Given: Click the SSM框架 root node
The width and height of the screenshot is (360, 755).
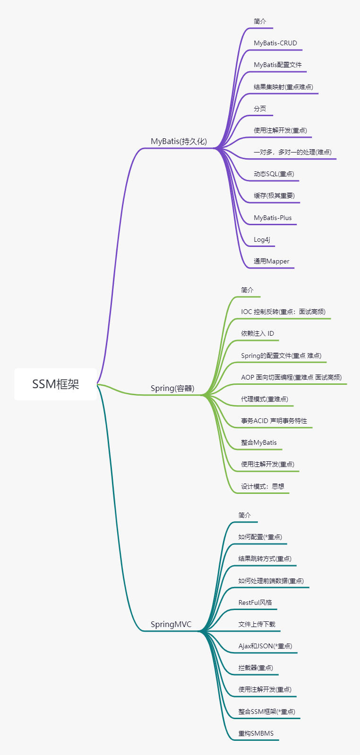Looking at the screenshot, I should click(55, 384).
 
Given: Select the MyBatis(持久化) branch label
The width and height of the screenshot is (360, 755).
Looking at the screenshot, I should click(179, 141).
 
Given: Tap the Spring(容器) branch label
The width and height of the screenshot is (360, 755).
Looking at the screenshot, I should click(172, 388).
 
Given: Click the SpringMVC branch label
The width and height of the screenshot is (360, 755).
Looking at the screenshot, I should click(171, 624).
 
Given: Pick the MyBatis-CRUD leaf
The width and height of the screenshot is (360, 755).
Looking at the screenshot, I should click(275, 43).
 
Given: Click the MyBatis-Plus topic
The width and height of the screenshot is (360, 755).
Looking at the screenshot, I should click(273, 218).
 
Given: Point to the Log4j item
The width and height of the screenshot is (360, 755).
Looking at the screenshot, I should click(262, 239).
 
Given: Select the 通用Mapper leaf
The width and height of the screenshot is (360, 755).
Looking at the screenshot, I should click(271, 261).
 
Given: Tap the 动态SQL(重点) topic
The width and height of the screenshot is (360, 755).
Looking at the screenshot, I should click(274, 174).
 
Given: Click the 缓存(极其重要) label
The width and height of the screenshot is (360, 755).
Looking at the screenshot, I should click(274, 195).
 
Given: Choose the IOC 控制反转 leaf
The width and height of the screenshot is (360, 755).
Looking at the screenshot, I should click(283, 312).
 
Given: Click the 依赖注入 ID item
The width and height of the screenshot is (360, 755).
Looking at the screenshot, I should click(257, 333).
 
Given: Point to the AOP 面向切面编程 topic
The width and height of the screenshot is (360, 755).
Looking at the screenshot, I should click(291, 377).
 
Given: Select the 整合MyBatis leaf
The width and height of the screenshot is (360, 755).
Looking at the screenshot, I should click(259, 442).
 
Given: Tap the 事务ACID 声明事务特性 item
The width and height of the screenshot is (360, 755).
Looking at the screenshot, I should click(274, 421).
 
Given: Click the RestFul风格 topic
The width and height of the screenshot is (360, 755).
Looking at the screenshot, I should click(255, 602).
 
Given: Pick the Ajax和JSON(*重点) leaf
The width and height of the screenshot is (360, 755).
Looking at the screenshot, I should click(265, 646).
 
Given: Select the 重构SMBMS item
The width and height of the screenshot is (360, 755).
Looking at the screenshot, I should click(256, 733).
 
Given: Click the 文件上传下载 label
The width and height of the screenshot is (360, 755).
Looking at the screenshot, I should click(257, 624).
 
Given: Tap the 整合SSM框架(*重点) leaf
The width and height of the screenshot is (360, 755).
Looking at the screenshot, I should click(266, 712).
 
